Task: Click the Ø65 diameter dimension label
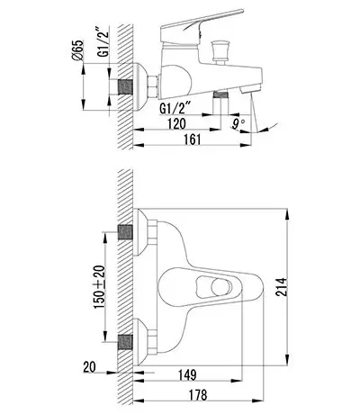pyautogui.click(x=77, y=50)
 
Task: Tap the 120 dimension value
pyautogui.click(x=176, y=123)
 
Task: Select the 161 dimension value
pyautogui.click(x=192, y=139)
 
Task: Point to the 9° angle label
pyautogui.click(x=238, y=123)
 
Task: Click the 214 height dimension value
pyautogui.click(x=282, y=287)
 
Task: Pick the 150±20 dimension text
pyautogui.click(x=100, y=287)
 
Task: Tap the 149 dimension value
pyautogui.click(x=187, y=374)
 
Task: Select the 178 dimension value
pyautogui.click(x=198, y=395)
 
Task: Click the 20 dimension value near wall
pyautogui.click(x=89, y=367)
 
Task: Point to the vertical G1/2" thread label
pyautogui.click(x=103, y=41)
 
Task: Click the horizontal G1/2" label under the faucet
pyautogui.click(x=175, y=108)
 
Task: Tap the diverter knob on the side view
pyautogui.click(x=221, y=51)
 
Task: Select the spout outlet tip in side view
pyautogui.click(x=250, y=89)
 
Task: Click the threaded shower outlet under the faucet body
pyautogui.click(x=220, y=95)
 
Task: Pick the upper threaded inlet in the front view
pyautogui.click(x=125, y=232)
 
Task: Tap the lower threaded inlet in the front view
pyautogui.click(x=125, y=342)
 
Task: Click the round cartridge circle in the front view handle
pyautogui.click(x=221, y=287)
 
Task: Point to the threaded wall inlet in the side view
pyautogui.click(x=125, y=87)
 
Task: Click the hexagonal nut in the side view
pyautogui.click(x=153, y=87)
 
